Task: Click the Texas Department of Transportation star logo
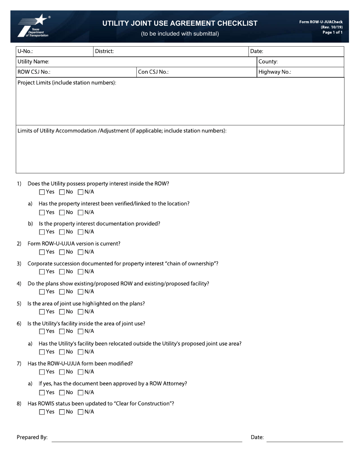point(33,26)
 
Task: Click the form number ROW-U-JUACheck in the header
point(321,22)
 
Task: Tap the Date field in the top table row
point(303,52)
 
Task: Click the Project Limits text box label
point(67,83)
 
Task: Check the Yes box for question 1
point(42,192)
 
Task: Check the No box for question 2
point(62,252)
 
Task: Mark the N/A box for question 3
point(80,272)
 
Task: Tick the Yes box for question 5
point(42,312)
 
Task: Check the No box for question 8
point(62,412)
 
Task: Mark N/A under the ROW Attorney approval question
point(80,393)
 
